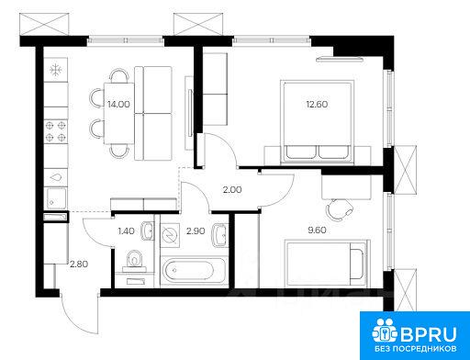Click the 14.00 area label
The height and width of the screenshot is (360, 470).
click(118, 105)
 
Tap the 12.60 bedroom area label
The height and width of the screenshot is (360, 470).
click(317, 105)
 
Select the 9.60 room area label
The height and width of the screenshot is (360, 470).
click(317, 230)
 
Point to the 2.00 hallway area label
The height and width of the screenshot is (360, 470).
click(232, 190)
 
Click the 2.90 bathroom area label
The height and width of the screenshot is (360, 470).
click(196, 231)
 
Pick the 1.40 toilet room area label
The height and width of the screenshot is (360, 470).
click(126, 231)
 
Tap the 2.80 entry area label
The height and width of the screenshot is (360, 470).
click(79, 264)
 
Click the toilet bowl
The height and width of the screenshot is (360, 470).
click(135, 261)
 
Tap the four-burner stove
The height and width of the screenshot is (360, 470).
click(56, 131)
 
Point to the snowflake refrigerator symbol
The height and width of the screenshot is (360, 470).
click(56, 70)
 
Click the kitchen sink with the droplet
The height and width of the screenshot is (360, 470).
click(56, 177)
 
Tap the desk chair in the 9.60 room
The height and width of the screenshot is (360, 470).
click(340, 209)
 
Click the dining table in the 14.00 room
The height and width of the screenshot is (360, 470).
click(119, 113)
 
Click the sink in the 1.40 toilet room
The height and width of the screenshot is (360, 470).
click(147, 231)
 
